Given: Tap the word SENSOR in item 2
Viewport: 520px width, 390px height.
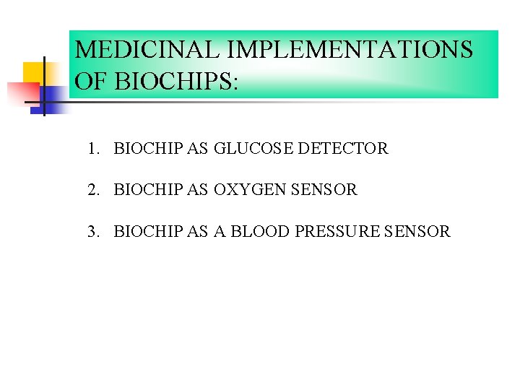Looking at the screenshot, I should point(324,190).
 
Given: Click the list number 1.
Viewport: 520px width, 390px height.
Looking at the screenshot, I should point(92,149).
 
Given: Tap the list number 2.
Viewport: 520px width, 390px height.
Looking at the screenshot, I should point(92,190).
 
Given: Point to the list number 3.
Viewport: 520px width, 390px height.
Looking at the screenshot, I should point(92,232).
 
